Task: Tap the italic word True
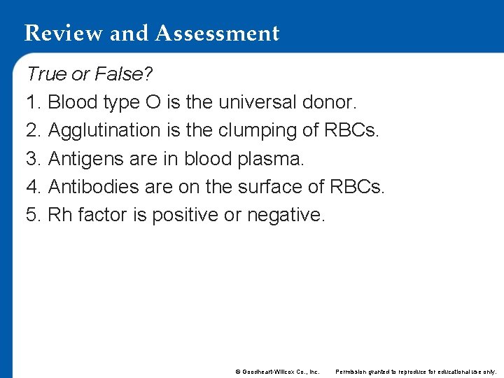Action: (46, 74)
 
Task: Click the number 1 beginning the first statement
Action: (31, 103)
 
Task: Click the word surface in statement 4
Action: (267, 187)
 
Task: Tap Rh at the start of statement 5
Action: (60, 215)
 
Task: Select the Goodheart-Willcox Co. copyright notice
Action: (277, 372)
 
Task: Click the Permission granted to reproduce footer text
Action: (416, 372)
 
